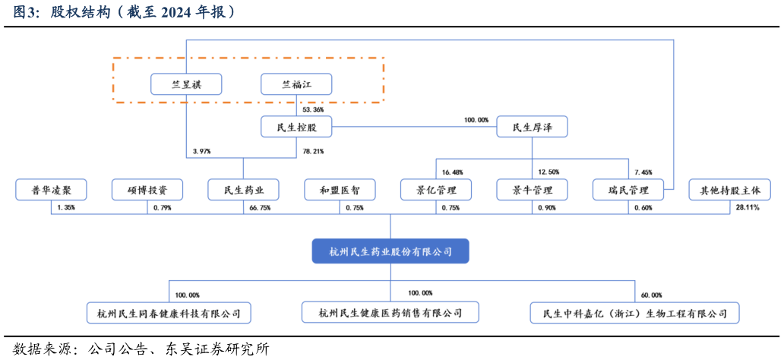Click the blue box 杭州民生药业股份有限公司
coord(390,251)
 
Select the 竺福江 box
coord(296,84)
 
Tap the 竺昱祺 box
coord(186,84)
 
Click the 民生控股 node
coord(296,127)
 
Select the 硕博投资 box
coord(147,189)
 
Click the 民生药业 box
coord(243,189)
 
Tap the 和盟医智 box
coord(339,189)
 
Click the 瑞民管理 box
coord(628,189)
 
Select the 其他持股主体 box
coord(729,189)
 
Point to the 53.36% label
coord(313,109)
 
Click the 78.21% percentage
coord(313,151)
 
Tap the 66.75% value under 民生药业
coord(260,207)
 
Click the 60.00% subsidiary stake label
coord(651,295)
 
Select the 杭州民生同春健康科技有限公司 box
coord(169,312)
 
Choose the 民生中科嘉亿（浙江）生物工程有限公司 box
coord(634,312)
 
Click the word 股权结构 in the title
coord(79,12)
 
